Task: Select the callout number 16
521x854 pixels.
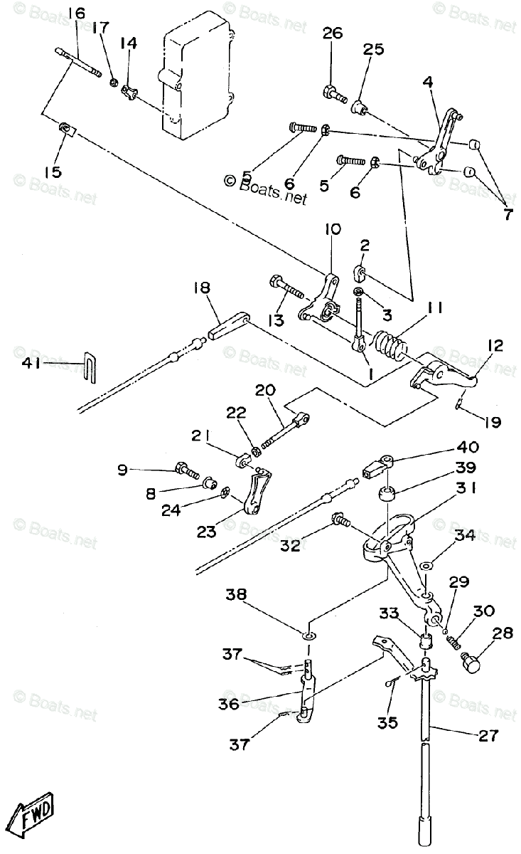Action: [76, 13]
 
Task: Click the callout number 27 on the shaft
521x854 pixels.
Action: [488, 735]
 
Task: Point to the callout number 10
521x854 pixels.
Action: [333, 229]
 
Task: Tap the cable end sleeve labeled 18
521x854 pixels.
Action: [227, 328]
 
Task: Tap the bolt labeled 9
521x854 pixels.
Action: [184, 469]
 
